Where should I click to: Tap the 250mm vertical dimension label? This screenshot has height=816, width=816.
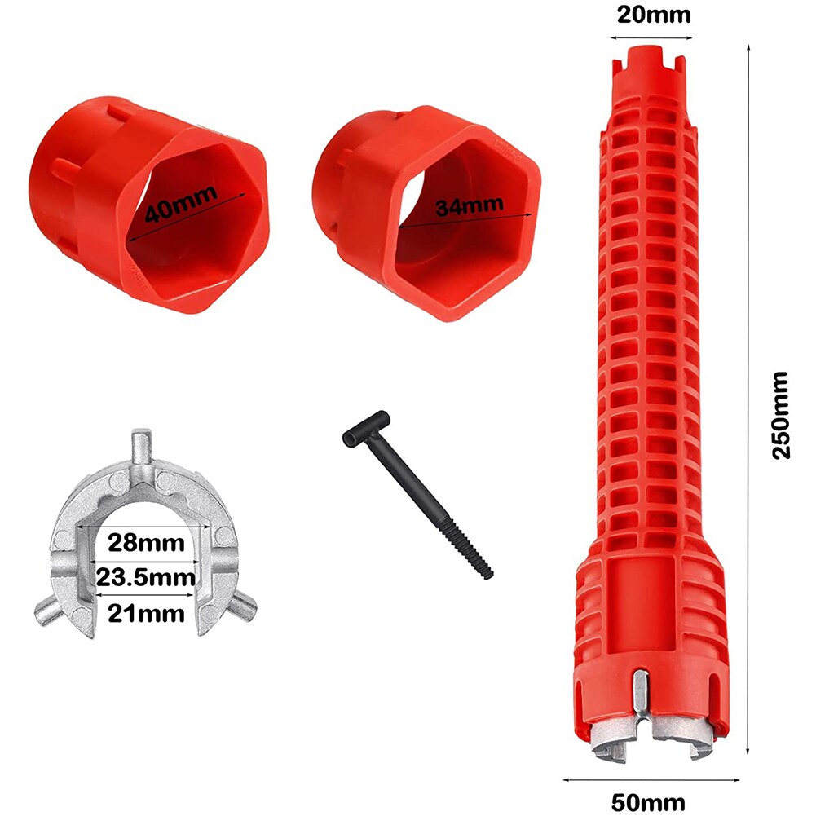782,415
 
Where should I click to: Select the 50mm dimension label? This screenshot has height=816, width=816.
649,802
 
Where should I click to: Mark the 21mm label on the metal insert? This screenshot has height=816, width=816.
148,612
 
